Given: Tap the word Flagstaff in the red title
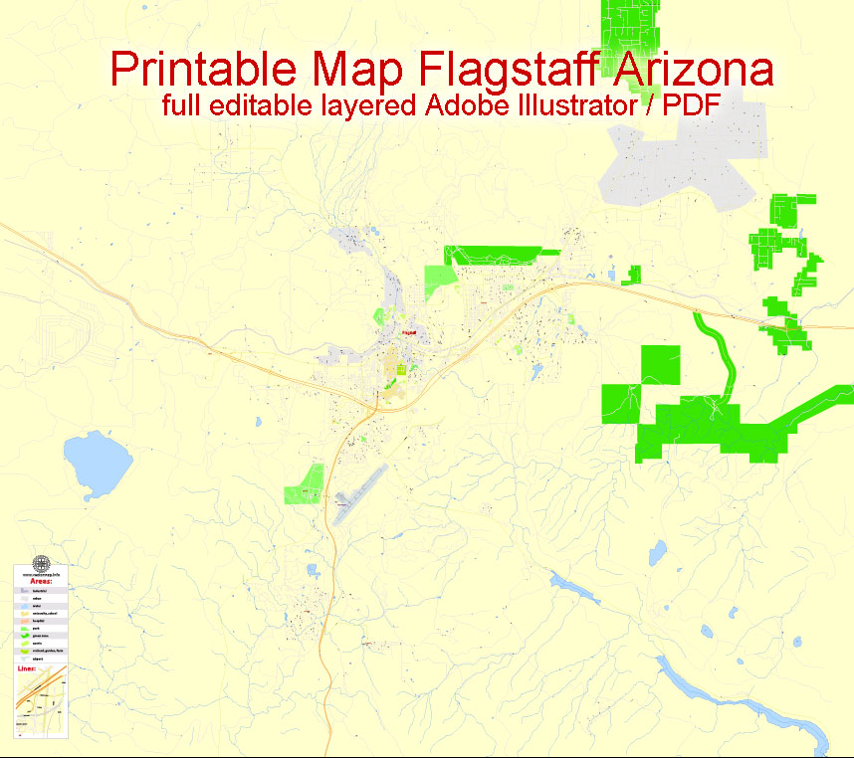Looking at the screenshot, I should pos(510,70).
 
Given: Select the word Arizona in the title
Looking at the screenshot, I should pos(693,70).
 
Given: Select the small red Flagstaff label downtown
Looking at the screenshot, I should pos(408,333).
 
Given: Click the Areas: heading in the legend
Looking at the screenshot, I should pos(40,580).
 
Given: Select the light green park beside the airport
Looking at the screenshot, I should pos(305,484).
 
